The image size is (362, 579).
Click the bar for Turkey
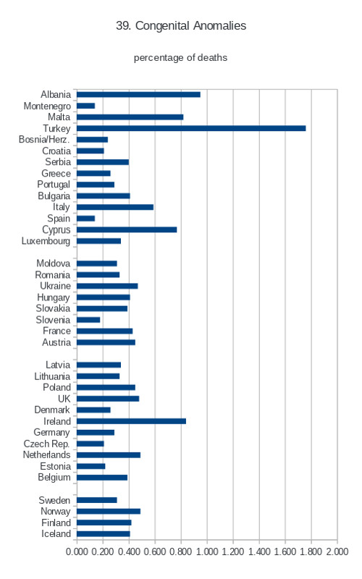191,128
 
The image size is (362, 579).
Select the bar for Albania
138,95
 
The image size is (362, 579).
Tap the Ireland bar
132,421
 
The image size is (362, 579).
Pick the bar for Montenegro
85,106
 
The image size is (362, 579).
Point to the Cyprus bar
127,229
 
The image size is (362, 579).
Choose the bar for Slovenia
88,320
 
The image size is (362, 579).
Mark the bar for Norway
109,512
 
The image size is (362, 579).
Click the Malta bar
130,117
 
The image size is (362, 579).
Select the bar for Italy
115,207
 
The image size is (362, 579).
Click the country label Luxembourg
46,241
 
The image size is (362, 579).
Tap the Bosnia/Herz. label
44,140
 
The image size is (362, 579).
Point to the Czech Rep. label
46,444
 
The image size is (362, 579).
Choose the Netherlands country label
46,455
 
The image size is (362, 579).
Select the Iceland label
56,534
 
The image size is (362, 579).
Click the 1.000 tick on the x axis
207,551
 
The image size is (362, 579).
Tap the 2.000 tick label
337,551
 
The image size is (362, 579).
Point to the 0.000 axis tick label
77,551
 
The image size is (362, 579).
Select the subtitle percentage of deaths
180,58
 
